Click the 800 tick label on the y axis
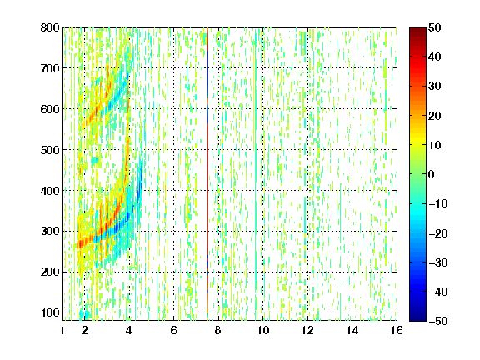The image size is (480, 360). point(50,27)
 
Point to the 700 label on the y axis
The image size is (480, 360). point(50,68)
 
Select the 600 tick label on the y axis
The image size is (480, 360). point(50,109)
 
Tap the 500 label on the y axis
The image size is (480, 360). point(50,150)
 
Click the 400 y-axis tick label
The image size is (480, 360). point(50,191)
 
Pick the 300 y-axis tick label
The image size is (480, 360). point(50,232)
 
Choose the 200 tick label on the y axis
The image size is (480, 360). point(50,272)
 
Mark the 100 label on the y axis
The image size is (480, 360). point(50,312)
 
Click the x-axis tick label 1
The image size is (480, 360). point(62,330)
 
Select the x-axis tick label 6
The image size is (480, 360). point(174,330)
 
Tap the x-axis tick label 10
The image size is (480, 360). point(263,330)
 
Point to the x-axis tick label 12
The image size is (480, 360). point(307,330)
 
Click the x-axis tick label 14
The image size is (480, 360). point(352,330)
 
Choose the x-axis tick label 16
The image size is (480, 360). point(397,330)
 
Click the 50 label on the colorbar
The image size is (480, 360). point(434,27)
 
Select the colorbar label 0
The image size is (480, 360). point(432,174)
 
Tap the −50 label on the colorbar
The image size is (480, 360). point(437,321)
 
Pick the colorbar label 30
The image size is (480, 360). point(434,87)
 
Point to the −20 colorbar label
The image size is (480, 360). point(437,233)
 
